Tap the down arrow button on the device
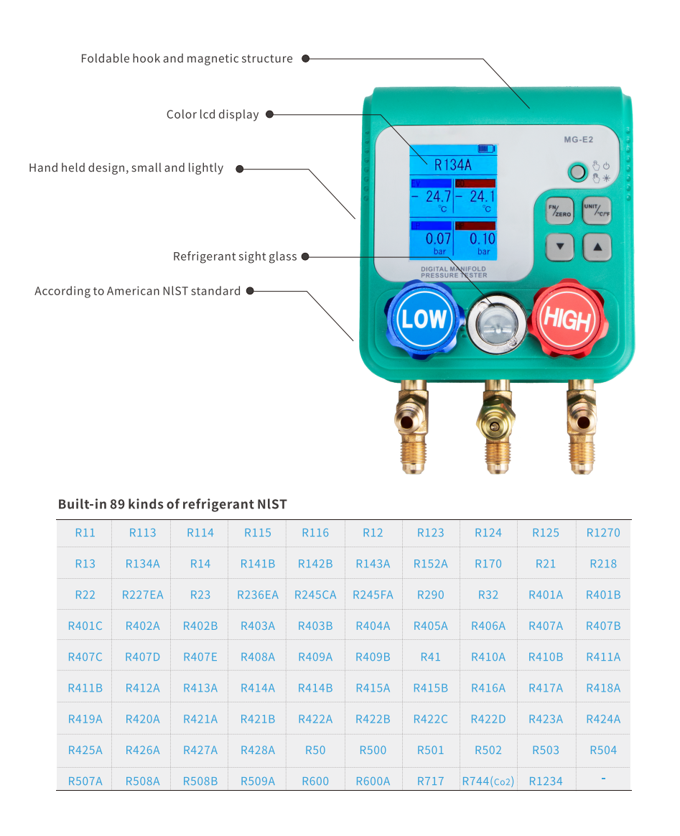click(x=560, y=249)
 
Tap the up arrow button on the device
click(x=597, y=249)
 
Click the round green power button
click(x=576, y=172)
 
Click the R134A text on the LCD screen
click(x=452, y=164)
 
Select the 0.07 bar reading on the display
click(x=439, y=238)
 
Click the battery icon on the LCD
click(x=486, y=149)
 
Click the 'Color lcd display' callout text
click(x=213, y=115)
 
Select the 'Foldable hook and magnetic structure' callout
click(x=187, y=59)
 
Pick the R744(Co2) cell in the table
click(x=488, y=781)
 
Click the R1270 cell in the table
click(x=603, y=533)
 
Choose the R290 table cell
click(x=431, y=595)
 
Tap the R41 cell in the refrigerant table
click(x=431, y=657)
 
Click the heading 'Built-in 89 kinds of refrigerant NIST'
click(x=172, y=504)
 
